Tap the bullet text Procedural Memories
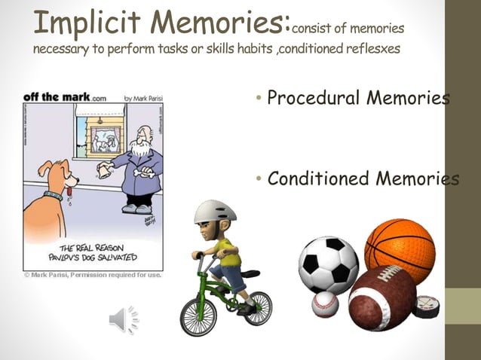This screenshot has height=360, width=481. point(359,99)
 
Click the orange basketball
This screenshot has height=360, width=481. point(400,249)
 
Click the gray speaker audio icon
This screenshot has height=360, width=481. point(124,320)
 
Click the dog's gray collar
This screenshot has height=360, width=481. point(53,197)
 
